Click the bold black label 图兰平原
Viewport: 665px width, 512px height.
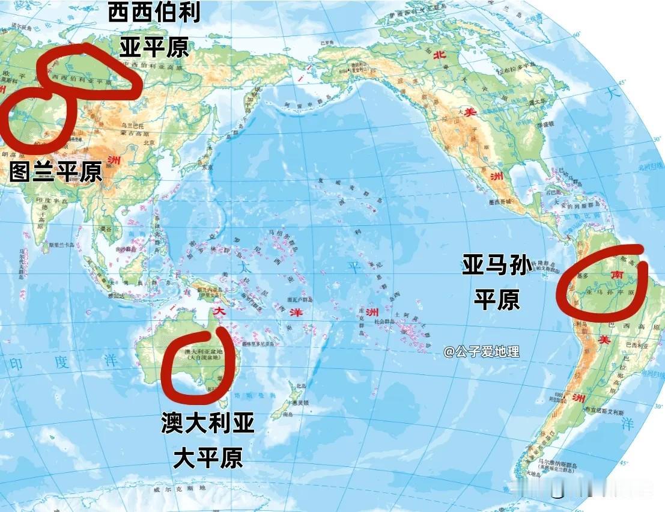tap(56, 172)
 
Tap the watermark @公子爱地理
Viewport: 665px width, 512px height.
tap(481, 352)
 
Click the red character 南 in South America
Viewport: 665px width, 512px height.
tap(616, 274)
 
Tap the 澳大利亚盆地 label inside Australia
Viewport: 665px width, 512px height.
tap(199, 352)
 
